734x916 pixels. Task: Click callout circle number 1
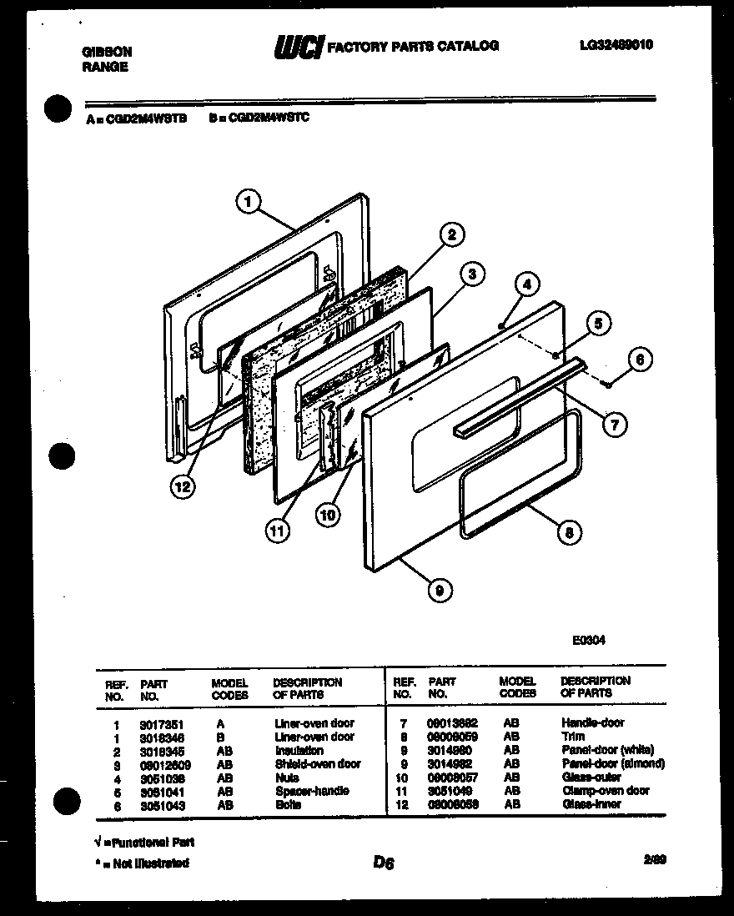click(249, 200)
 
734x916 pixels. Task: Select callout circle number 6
click(640, 360)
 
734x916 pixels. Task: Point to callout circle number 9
click(439, 590)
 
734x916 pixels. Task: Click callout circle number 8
click(568, 532)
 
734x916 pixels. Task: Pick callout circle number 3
click(471, 273)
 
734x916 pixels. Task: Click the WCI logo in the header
click(298, 48)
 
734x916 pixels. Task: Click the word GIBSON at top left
click(107, 52)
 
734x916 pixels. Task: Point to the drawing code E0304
click(588, 641)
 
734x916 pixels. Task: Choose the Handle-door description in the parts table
click(592, 722)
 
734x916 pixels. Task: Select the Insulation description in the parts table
click(299, 751)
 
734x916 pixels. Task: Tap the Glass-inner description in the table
click(591, 804)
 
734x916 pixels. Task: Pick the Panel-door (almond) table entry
click(613, 763)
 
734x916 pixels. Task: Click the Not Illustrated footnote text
click(143, 863)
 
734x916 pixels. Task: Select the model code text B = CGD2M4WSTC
click(259, 118)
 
